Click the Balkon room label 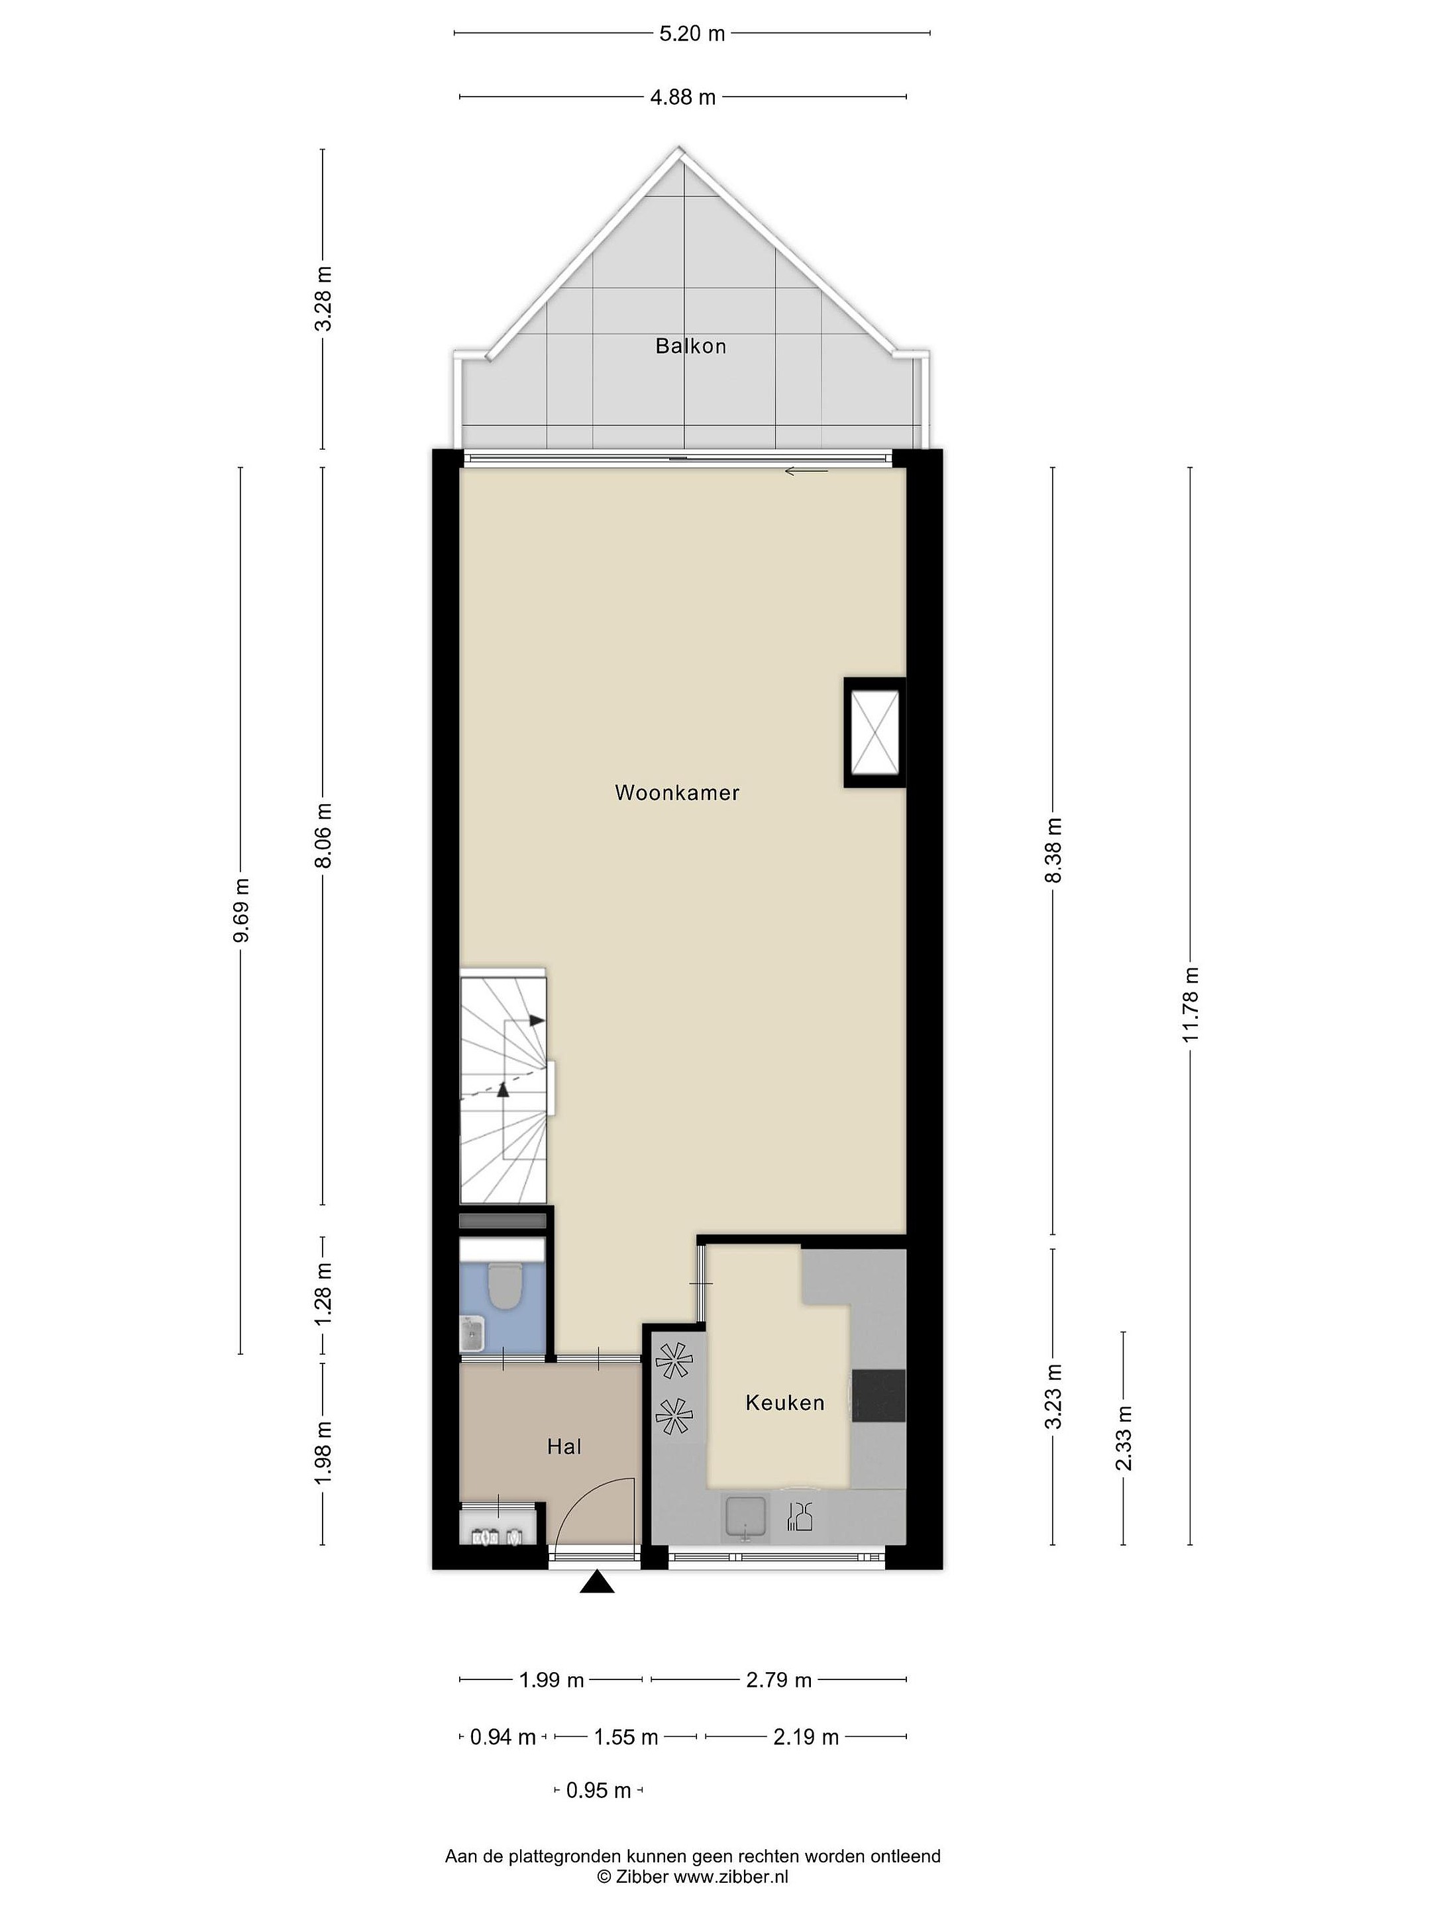tap(690, 346)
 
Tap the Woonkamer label tap(677, 793)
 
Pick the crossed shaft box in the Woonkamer tap(874, 732)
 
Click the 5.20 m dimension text tap(692, 34)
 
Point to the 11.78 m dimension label tap(1191, 1004)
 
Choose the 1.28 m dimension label tap(323, 1296)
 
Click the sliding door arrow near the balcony tap(806, 471)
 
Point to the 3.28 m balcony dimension tap(323, 298)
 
